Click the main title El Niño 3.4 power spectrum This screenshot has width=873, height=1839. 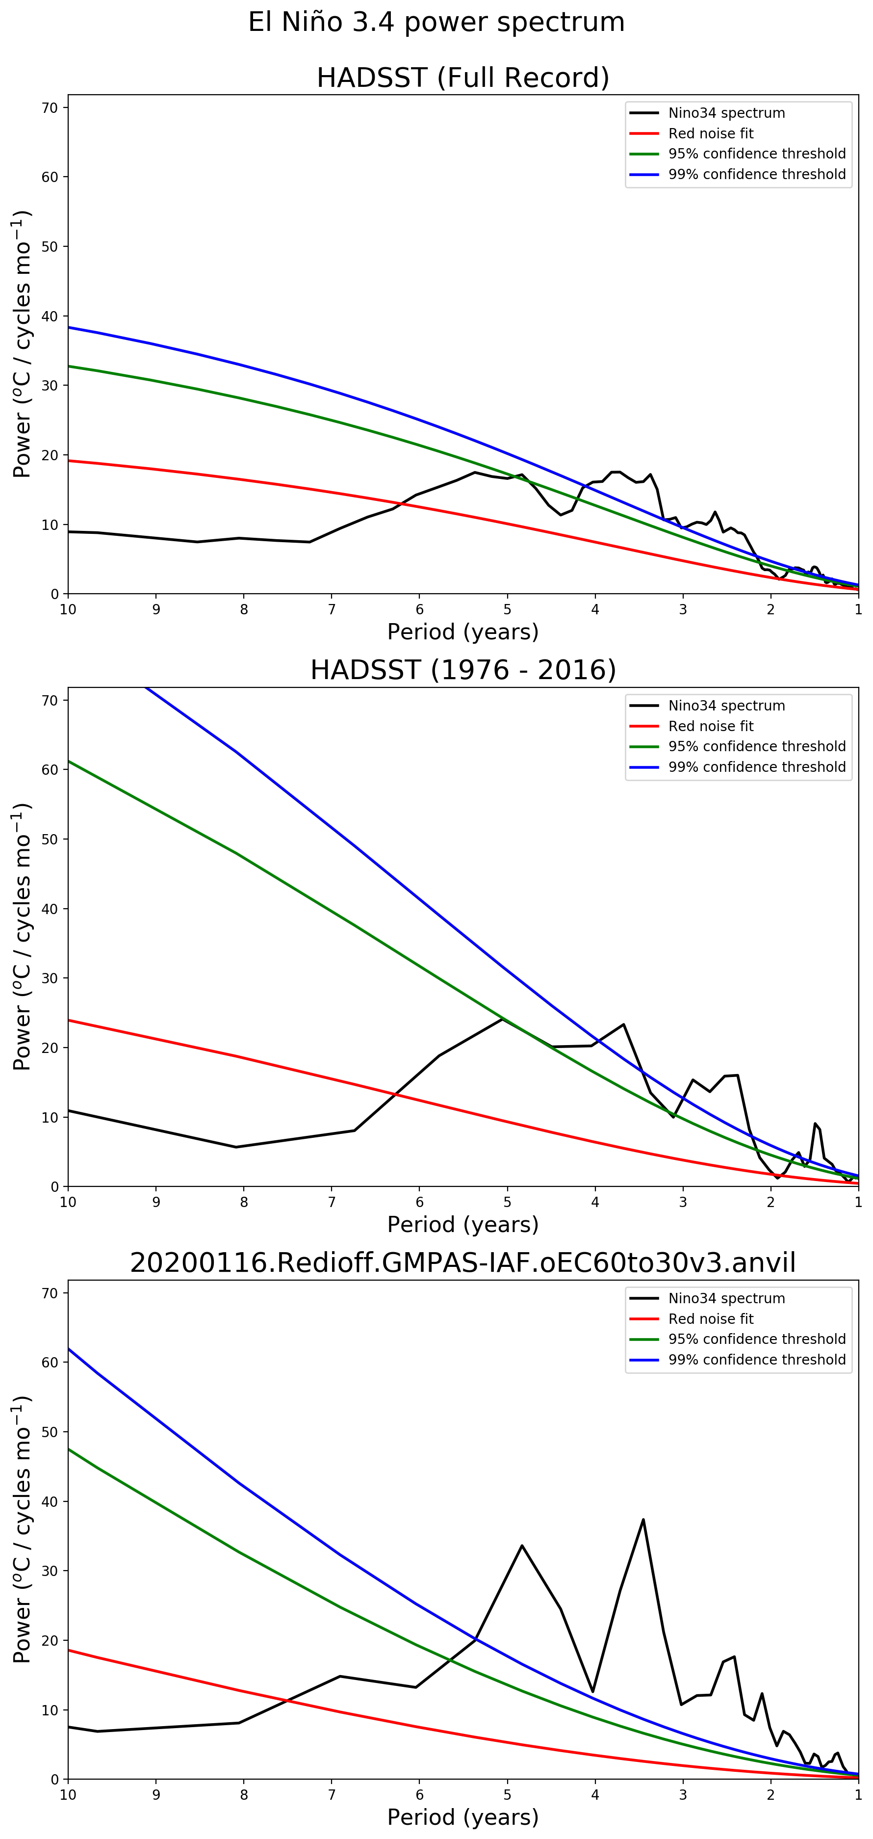436,22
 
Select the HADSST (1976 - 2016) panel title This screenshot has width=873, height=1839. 462,670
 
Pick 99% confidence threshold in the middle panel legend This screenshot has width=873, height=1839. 757,767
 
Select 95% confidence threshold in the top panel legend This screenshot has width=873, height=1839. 757,154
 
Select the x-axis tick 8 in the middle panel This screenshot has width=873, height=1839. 243,1202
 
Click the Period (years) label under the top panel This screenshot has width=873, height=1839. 462,632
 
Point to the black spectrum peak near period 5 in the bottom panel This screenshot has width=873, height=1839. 522,1546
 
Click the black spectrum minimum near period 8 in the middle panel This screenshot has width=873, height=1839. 236,1147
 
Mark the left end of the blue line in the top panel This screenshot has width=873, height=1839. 69,327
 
